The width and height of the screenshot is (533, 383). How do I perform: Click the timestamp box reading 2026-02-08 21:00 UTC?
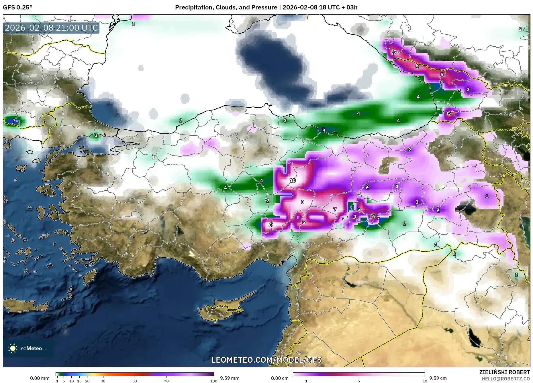51,28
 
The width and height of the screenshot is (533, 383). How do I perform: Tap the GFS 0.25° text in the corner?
17,7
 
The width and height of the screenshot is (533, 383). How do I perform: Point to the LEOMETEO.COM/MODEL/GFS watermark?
266,360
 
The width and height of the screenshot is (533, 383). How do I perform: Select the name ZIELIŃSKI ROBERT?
504,372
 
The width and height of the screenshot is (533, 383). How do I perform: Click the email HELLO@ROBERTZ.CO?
506,379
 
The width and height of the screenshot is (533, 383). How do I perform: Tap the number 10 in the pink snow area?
293,180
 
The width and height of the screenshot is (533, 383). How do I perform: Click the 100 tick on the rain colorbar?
213,381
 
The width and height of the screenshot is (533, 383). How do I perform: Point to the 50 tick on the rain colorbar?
135,381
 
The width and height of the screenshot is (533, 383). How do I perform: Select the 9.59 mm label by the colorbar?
230,378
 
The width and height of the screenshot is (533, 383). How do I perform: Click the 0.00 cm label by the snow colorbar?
280,378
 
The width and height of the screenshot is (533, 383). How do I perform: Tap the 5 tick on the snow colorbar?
359,381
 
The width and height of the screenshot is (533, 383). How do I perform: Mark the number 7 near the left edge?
14,121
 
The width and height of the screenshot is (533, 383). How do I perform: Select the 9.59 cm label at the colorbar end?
438,378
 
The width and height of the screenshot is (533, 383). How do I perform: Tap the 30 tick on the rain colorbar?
103,381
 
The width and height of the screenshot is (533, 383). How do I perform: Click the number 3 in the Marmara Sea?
96,135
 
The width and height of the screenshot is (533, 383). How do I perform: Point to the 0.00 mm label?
40,378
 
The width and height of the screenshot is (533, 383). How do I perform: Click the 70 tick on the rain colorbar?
166,381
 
